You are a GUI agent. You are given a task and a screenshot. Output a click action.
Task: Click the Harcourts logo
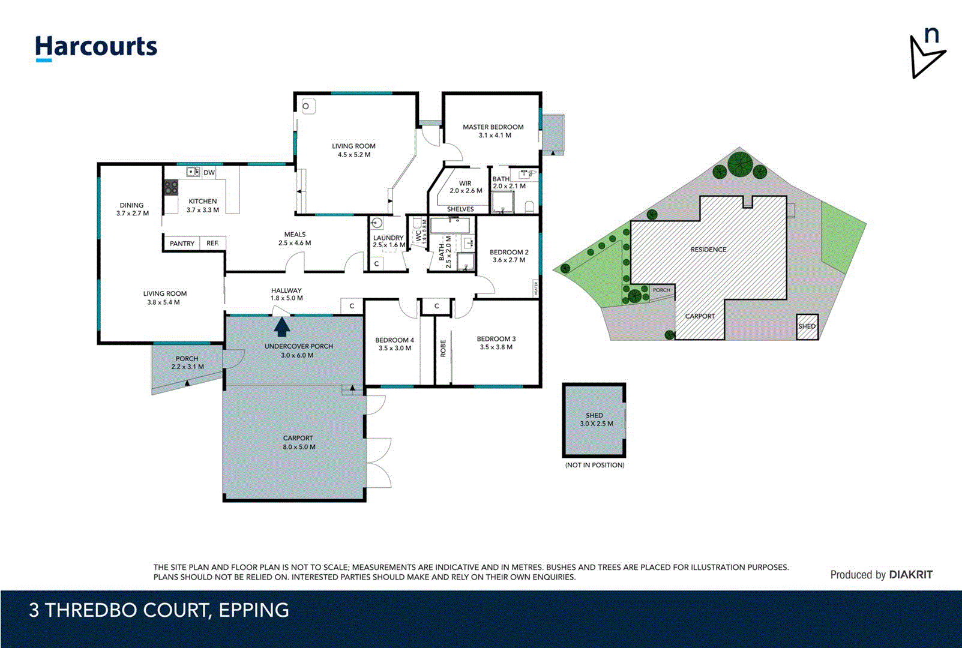(x=96, y=47)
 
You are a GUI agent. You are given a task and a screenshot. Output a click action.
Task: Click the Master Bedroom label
(x=493, y=131)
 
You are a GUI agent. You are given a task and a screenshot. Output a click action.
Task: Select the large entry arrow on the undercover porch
(x=282, y=327)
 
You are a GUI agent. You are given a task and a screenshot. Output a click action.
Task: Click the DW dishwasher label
(x=209, y=172)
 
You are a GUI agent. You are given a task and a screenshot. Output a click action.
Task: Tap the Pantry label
(x=182, y=244)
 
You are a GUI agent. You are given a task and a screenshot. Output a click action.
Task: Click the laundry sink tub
(x=377, y=224)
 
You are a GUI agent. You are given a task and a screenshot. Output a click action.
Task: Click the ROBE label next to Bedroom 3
(x=443, y=349)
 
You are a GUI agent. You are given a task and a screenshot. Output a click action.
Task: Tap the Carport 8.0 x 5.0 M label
(x=299, y=442)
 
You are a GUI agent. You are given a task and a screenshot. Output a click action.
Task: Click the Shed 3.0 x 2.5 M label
(x=595, y=419)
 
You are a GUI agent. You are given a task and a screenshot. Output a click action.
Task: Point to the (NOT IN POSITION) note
(x=594, y=465)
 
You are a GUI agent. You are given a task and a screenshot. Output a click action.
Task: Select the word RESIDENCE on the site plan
(x=708, y=250)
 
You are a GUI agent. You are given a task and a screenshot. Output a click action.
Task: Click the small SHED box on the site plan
(x=807, y=326)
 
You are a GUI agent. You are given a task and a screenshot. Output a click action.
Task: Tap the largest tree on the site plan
(x=741, y=164)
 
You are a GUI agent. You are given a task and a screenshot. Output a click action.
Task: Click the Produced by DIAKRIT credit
(x=881, y=574)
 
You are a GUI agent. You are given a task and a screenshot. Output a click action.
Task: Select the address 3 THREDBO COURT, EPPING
(x=159, y=610)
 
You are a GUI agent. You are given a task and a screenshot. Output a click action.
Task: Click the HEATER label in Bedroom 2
(x=535, y=289)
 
